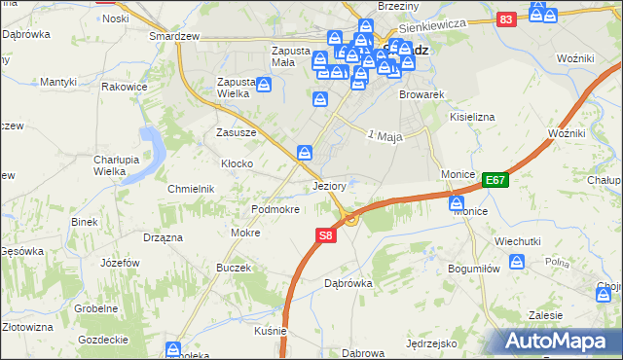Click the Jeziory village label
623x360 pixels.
point(331,185)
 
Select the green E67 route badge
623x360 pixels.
point(495,180)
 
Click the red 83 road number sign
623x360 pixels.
point(504,19)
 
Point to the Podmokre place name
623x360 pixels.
point(275,209)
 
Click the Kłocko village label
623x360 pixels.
point(238,163)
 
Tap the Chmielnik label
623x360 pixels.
point(190,188)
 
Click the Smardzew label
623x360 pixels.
point(174,36)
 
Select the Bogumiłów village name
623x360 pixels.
point(473,268)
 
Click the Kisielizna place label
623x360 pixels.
point(473,116)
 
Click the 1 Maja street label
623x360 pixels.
point(385,135)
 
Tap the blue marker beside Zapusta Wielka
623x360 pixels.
point(264,87)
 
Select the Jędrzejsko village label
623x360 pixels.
point(432,343)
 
